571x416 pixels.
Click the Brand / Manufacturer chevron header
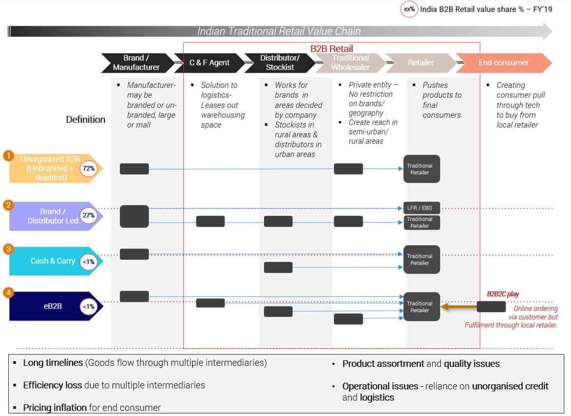(x=136, y=62)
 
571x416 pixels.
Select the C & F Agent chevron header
(x=209, y=62)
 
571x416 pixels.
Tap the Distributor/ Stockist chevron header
(x=280, y=62)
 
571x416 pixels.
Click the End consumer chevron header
(x=503, y=62)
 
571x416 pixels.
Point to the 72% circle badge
(x=89, y=168)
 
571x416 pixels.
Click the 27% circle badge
(x=89, y=215)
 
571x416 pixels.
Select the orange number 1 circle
(x=8, y=155)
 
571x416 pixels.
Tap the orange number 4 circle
(x=8, y=293)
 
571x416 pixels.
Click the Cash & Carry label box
(x=53, y=261)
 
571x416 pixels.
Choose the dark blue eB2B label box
(x=53, y=306)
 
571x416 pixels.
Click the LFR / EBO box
(x=419, y=208)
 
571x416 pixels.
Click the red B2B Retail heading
(x=332, y=49)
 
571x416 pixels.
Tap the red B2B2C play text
(x=502, y=294)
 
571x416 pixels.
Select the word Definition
(x=86, y=120)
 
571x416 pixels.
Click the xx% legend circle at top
(x=409, y=9)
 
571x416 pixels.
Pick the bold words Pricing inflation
(x=55, y=407)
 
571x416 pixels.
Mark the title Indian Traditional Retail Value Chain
(x=279, y=31)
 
